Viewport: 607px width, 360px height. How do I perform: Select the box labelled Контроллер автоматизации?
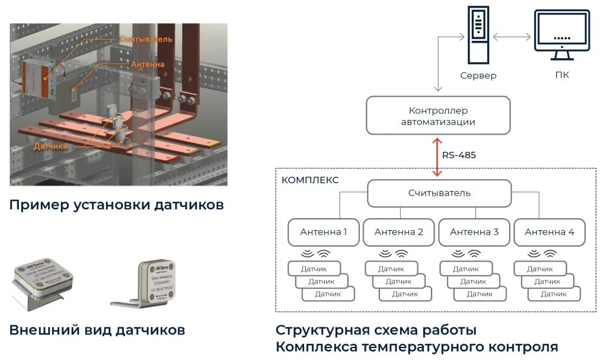point(438,116)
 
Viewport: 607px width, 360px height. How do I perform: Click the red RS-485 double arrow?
point(437,156)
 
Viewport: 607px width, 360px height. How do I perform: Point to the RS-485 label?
point(459,156)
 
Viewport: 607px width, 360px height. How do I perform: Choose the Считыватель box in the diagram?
point(439,193)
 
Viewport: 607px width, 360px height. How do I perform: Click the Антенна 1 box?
point(324,232)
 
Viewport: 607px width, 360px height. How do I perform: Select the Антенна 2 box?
point(399,232)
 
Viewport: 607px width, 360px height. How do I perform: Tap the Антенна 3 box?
point(474,232)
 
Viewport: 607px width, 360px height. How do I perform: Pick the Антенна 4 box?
point(550,232)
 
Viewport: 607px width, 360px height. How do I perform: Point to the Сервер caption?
point(478,76)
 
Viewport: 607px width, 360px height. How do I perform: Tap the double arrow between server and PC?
point(512,37)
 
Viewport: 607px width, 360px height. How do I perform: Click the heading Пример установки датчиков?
point(117,206)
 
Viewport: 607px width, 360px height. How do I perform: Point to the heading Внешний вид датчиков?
point(97,330)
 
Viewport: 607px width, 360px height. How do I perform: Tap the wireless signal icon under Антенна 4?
point(542,254)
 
